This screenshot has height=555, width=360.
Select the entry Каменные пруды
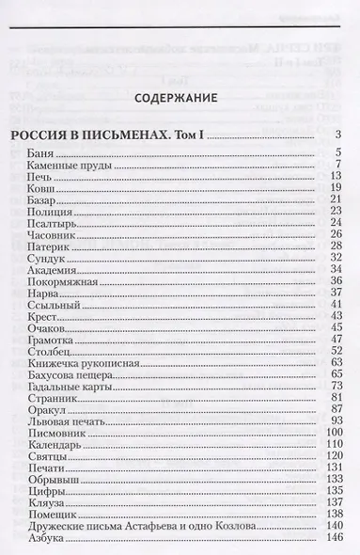(71, 166)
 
